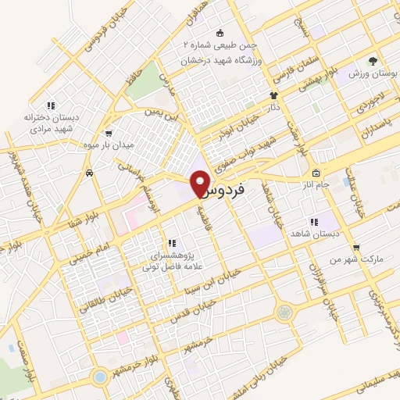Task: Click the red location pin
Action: click(202, 183)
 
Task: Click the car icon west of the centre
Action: click(91, 173)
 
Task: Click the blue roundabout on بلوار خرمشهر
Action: click(99, 377)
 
